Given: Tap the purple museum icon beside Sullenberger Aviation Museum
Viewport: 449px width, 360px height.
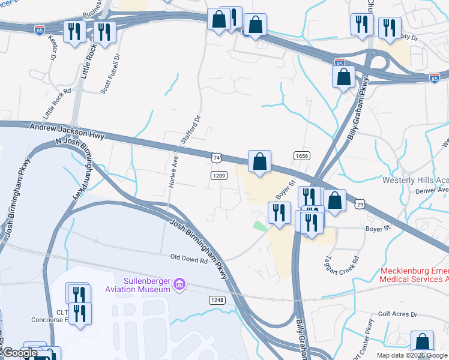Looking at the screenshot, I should pos(179,283).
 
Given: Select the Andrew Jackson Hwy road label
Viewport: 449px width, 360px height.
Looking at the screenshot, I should pos(67,131).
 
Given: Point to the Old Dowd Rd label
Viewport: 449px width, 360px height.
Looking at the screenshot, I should pos(188,260).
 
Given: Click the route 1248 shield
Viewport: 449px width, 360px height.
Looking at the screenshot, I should pos(217,299).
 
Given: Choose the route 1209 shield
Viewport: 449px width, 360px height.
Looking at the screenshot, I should pos(218,175).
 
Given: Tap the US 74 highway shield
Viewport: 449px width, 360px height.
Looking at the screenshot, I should pos(217,157).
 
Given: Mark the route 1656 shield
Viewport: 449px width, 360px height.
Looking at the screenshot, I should pos(301,155).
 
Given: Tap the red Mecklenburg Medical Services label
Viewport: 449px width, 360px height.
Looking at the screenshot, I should pos(414,275).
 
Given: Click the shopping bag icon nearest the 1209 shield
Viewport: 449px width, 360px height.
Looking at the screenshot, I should pos(259,162).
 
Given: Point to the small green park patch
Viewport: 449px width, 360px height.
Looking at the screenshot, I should pos(259,226).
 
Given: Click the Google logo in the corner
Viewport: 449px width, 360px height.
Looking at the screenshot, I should pos(20,353).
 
